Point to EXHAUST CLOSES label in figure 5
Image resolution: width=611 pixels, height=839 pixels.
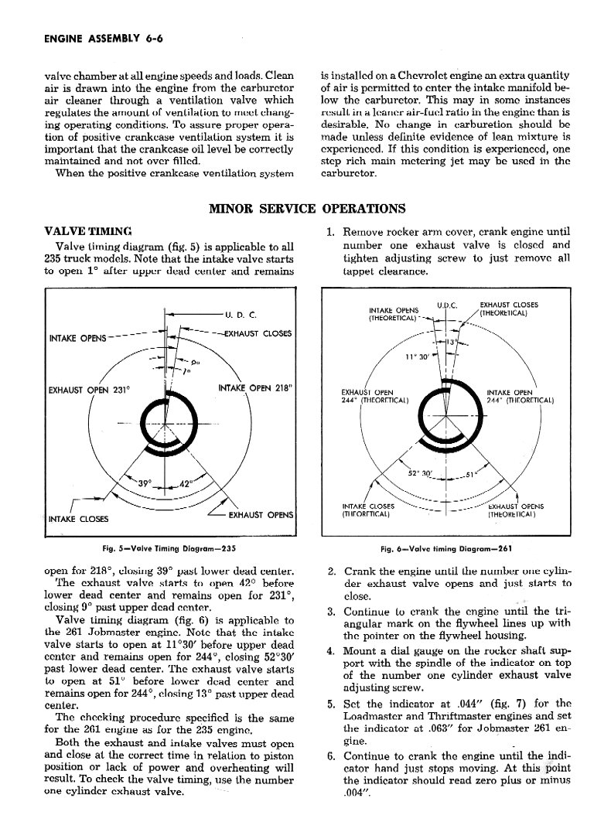tap(256, 334)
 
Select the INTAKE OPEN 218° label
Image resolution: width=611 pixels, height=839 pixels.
tap(254, 388)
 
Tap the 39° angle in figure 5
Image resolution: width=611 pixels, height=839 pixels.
tap(145, 483)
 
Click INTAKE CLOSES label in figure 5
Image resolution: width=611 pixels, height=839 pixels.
tap(78, 518)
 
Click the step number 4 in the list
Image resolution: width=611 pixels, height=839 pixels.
tap(331, 651)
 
